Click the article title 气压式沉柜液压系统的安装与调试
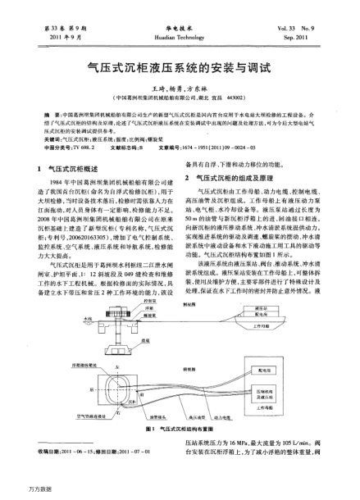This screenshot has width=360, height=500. coord(180,72)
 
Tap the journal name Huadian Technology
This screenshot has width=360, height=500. coord(179,38)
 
